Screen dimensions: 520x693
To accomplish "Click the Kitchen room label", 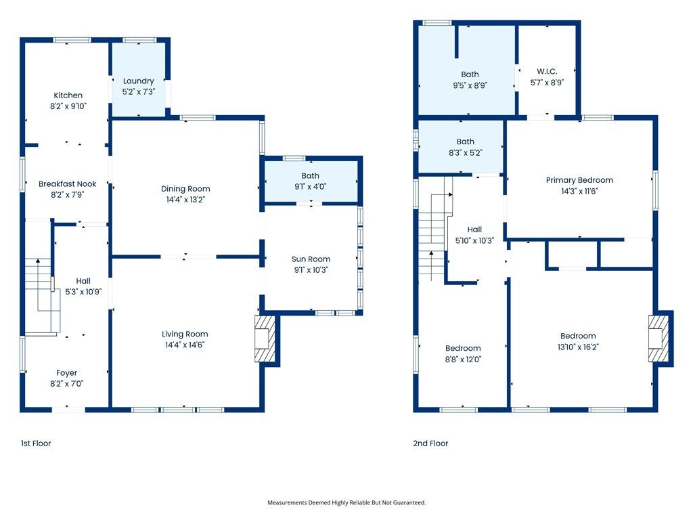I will coord(68,95).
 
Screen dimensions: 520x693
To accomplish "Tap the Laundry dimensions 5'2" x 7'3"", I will coord(139,91).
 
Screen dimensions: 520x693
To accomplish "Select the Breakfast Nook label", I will coord(68,184).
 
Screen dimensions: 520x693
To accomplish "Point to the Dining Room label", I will coord(185,189).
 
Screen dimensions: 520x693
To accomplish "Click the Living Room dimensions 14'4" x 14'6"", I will coord(185,345).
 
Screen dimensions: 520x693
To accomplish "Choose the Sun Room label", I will coord(311,259).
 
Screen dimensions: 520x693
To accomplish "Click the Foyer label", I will coord(67,373).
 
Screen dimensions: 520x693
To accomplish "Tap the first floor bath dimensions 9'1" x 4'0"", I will coord(311,186).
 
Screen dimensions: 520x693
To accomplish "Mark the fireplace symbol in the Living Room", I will coord(265,339).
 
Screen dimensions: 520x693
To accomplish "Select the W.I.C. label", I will coord(547,72).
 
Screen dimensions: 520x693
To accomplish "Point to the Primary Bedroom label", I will coord(579,180).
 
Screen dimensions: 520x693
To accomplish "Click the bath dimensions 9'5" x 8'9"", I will coord(470,85).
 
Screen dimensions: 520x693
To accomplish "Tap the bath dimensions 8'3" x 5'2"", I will coord(466,152).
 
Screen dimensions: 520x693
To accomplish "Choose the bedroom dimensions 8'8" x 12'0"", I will coord(463,360).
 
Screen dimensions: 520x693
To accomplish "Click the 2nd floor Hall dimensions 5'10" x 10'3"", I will coord(474,240).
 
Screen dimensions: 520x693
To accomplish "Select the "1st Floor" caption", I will coord(36,443).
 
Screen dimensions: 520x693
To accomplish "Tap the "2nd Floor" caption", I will coord(430,443).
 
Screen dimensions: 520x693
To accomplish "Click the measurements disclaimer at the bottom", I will coord(346,502).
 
